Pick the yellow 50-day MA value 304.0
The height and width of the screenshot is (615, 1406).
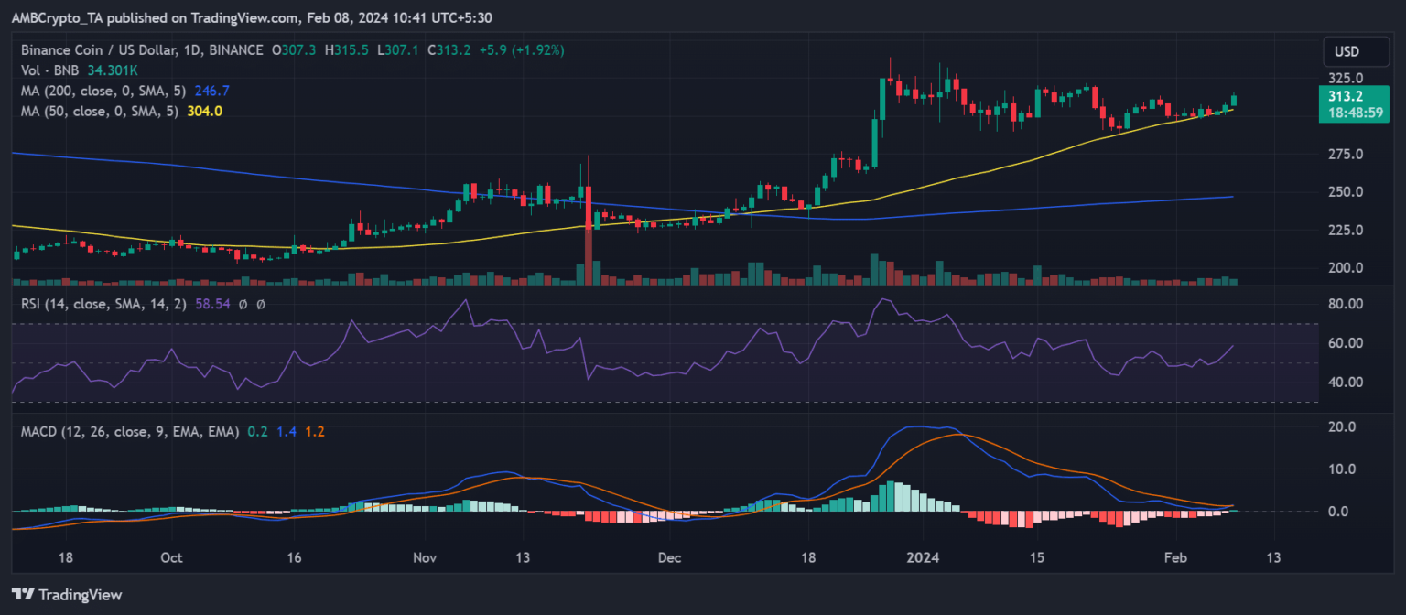[x=205, y=111]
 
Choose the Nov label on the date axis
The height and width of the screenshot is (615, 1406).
[x=425, y=557]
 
